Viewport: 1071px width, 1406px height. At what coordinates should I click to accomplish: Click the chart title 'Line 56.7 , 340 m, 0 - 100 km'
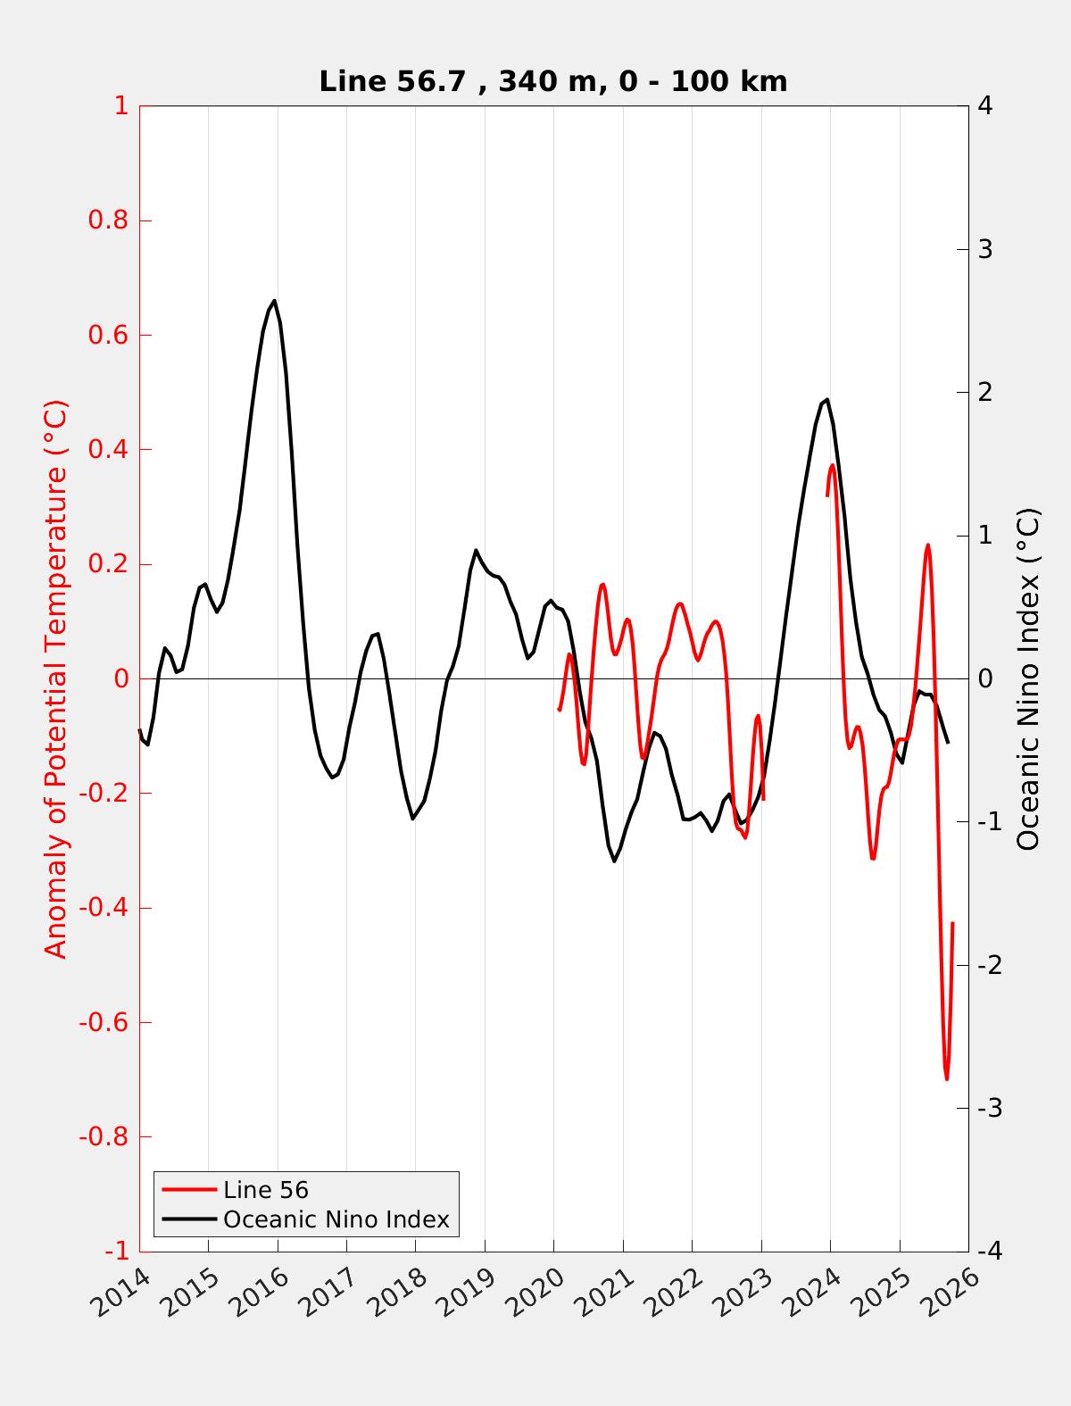[x=552, y=82]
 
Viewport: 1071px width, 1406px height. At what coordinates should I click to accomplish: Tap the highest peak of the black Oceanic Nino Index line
[x=274, y=301]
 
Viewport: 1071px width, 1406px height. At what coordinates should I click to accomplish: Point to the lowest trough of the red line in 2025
[x=947, y=1078]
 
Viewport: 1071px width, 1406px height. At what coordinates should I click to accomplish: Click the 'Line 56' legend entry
[x=265, y=1190]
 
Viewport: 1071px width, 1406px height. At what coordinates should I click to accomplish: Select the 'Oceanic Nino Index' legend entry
[x=336, y=1219]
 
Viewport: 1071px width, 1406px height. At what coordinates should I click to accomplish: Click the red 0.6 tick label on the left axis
[x=108, y=336]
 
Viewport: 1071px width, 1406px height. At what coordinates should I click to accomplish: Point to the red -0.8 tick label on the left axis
[x=104, y=1137]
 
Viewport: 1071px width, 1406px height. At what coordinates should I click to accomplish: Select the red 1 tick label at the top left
[x=120, y=106]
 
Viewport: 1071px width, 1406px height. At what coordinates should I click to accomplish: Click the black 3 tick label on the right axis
[x=985, y=249]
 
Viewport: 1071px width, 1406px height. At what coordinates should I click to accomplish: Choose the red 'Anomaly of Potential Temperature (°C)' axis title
[x=55, y=678]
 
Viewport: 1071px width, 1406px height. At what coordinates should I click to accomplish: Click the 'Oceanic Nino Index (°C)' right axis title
[x=1028, y=678]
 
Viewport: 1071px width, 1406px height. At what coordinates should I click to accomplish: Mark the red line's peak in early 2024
[x=833, y=465]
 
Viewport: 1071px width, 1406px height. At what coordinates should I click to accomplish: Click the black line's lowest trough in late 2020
[x=614, y=861]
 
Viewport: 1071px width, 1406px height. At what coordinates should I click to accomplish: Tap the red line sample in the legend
[x=189, y=1190]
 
